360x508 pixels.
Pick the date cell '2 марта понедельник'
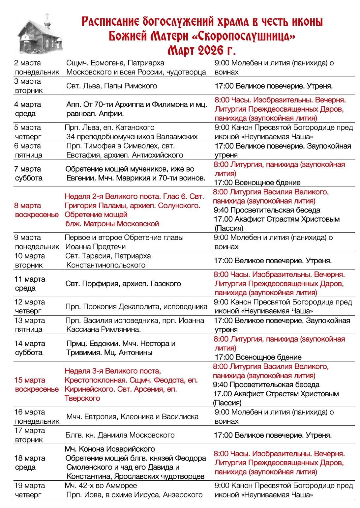click(37, 68)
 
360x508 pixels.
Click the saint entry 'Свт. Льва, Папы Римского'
click(112, 86)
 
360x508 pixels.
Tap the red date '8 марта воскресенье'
click(36, 210)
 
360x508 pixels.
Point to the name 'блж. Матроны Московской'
click(112, 224)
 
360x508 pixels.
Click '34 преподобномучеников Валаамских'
click(132, 137)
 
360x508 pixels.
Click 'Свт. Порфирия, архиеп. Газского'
click(123, 284)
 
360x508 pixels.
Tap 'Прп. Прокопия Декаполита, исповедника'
click(136, 307)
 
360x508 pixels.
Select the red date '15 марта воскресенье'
click(36, 385)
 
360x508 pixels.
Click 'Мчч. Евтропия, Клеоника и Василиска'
click(132, 417)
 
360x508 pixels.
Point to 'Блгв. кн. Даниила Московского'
click(120, 435)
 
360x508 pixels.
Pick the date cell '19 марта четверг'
click(30, 490)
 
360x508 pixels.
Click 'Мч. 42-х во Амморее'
click(101, 486)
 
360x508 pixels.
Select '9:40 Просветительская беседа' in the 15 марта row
click(266, 385)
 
